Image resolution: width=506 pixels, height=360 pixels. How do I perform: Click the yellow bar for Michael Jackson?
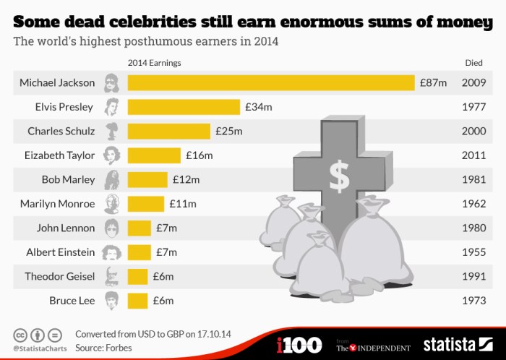click(270, 82)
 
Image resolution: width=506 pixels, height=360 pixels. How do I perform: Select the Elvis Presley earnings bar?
click(184, 107)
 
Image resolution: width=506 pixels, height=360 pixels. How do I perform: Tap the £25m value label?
click(228, 131)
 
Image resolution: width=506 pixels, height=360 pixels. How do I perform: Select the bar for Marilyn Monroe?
click(146, 204)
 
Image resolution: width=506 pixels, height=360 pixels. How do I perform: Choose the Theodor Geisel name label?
click(59, 276)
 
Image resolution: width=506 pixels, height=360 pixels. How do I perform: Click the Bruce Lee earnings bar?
click(137, 300)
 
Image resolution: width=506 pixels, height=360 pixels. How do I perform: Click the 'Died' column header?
click(473, 63)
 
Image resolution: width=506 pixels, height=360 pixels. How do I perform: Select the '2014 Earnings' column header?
click(154, 63)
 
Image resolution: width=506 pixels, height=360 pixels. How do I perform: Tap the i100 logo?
click(299, 344)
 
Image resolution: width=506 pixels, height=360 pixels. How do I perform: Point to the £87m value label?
click(433, 82)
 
